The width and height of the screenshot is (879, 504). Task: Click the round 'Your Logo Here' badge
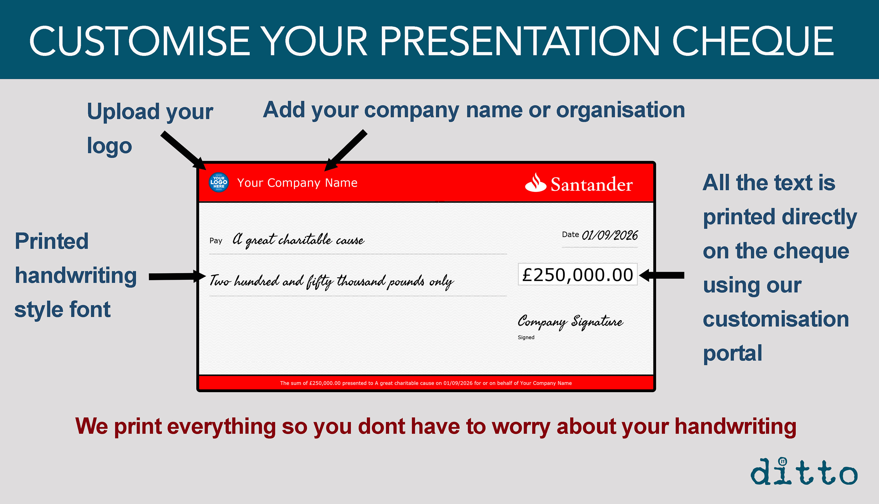(219, 182)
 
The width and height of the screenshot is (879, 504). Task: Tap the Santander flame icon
(535, 182)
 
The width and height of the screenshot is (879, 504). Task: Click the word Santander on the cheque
(592, 184)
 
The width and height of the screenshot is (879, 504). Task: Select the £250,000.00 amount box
(578, 275)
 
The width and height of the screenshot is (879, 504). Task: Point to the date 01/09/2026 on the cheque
(609, 235)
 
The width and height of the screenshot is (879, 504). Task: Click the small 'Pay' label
(216, 241)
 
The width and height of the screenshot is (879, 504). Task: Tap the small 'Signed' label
(526, 337)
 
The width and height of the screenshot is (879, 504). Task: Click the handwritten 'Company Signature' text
(570, 322)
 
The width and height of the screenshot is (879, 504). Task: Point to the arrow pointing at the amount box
(661, 275)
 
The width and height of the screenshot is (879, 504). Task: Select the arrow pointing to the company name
(345, 150)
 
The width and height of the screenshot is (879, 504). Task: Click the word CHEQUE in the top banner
(752, 41)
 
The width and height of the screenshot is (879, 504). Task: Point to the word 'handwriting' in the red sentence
(735, 426)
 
